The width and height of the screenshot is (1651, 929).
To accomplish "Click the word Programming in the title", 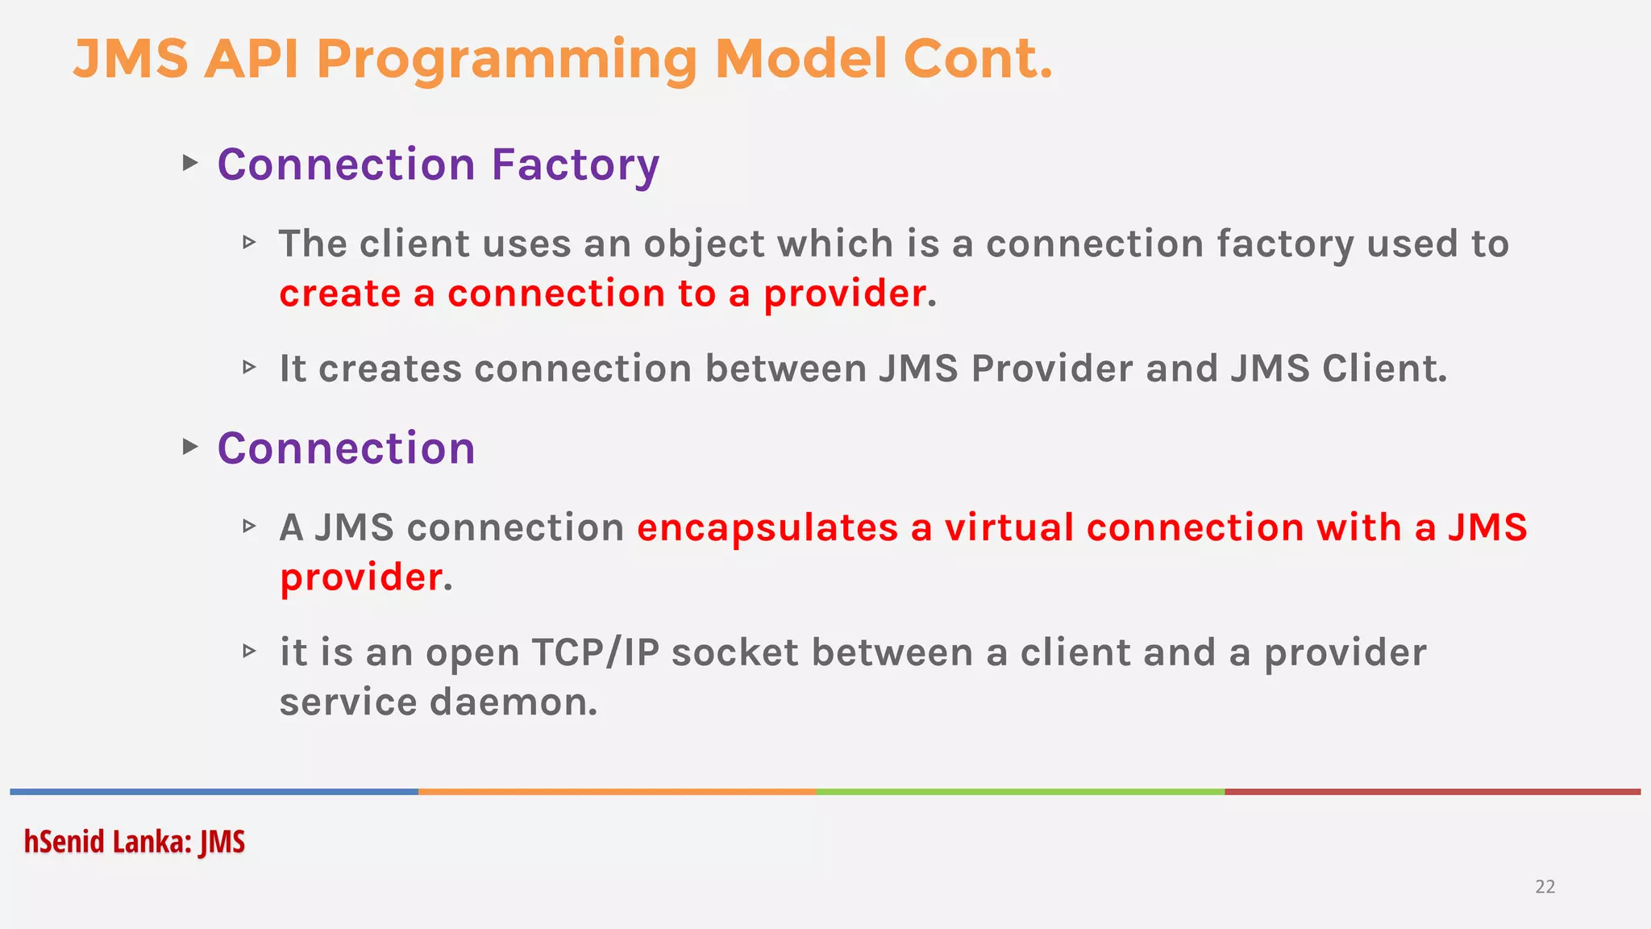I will (x=507, y=60).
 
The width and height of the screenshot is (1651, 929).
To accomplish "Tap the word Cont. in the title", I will (x=977, y=60).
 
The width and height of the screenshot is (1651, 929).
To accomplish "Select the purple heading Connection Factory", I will (x=438, y=165).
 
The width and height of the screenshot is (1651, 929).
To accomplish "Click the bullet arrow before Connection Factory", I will (x=190, y=163).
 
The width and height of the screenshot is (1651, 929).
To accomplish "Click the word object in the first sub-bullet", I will (x=703, y=244).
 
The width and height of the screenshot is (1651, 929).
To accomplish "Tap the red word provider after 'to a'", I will (x=844, y=294).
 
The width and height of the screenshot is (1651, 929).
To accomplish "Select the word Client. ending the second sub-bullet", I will (x=1384, y=369).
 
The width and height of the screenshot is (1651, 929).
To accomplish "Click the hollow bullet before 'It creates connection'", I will (x=249, y=368).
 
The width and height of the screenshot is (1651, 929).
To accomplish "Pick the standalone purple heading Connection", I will (x=346, y=448).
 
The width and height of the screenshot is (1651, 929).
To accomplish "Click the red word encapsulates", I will (x=767, y=528).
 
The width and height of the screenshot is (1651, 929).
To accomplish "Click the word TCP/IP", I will (x=595, y=652).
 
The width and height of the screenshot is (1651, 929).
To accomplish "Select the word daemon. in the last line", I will (x=514, y=702).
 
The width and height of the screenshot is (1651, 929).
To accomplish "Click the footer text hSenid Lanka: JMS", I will (x=134, y=842).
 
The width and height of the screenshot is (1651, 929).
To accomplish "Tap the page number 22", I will (x=1545, y=887).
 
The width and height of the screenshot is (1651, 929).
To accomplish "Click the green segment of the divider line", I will (x=1020, y=792).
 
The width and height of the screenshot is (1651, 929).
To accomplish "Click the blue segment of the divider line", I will (x=214, y=792).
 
